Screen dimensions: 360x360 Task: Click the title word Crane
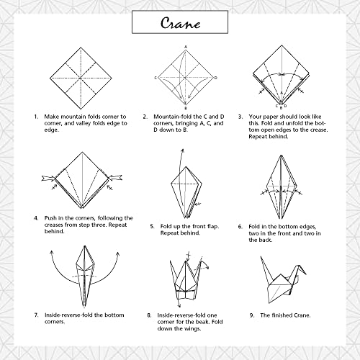pos(179,23)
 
